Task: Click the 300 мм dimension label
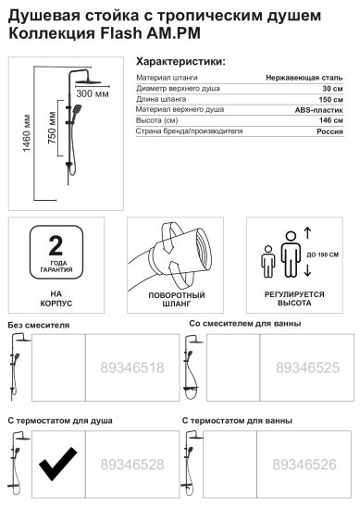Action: click(90, 94)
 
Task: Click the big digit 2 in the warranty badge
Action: click(56, 244)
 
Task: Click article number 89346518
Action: click(131, 367)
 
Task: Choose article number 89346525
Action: click(304, 367)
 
